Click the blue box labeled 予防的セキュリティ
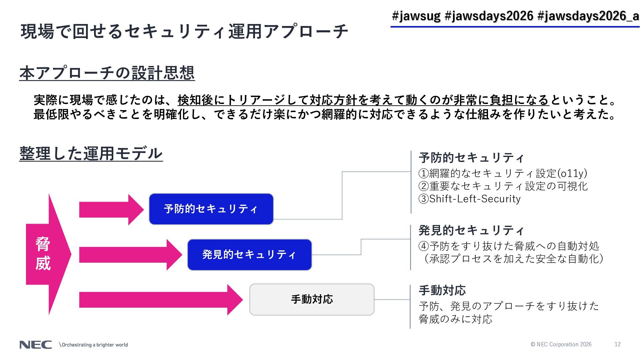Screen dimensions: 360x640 [x=211, y=209]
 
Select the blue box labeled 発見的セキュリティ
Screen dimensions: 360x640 [x=249, y=255]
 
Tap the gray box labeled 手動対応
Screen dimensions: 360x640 [x=312, y=299]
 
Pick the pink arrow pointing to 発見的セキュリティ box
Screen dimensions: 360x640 [x=130, y=255]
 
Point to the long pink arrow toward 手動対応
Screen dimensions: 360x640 [x=160, y=300]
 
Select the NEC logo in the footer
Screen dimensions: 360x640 [x=36, y=345]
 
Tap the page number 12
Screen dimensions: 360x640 [x=617, y=344]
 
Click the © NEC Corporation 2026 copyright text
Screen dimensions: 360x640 [x=561, y=344]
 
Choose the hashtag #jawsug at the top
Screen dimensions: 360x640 [x=416, y=16]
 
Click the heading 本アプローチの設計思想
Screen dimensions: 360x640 [x=107, y=73]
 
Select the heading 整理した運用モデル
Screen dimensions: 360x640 [x=91, y=154]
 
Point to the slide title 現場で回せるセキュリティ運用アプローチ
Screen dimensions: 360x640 [x=184, y=32]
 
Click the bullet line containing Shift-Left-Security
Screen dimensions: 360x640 [x=469, y=199]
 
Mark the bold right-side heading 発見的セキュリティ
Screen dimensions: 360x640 [x=471, y=230]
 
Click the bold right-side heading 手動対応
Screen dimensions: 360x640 [x=442, y=290]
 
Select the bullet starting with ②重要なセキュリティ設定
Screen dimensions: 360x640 [x=503, y=186]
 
